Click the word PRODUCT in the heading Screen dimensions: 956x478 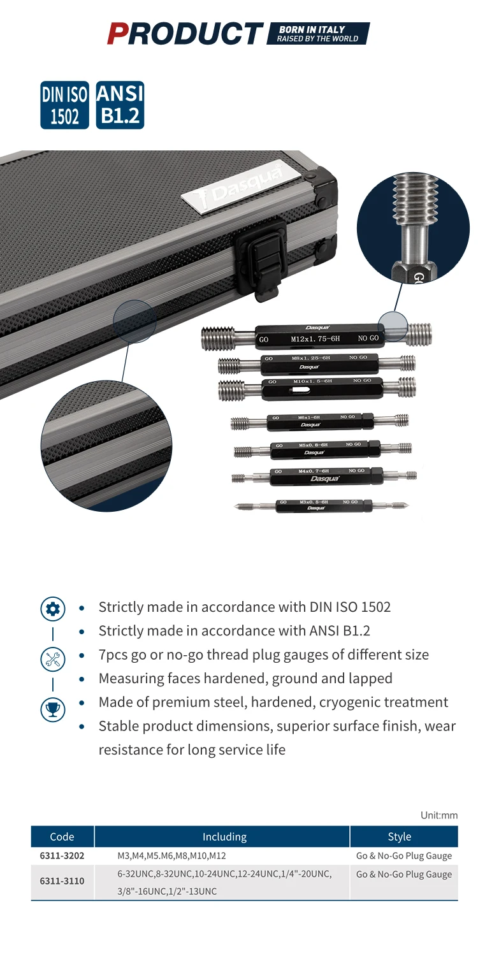(x=185, y=33)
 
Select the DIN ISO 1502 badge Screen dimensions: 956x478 (x=65, y=105)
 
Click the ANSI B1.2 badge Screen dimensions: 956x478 (x=120, y=105)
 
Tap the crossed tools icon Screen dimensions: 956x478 (x=53, y=658)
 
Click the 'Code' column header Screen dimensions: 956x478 (x=62, y=836)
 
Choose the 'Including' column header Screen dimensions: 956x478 (x=224, y=836)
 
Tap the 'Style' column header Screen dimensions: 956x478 (x=403, y=836)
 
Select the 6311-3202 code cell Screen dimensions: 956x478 (x=62, y=855)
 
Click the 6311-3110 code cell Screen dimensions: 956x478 (x=62, y=881)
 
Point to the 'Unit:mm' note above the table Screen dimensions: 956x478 (x=439, y=815)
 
